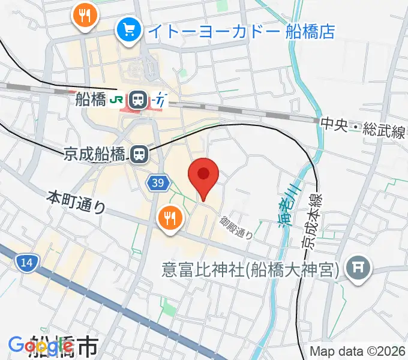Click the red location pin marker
(x=203, y=175)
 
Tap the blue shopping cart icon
(x=129, y=28)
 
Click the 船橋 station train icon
(x=139, y=100)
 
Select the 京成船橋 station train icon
(x=139, y=155)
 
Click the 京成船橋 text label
(x=95, y=155)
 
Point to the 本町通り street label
(x=76, y=202)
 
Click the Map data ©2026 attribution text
(x=358, y=351)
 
